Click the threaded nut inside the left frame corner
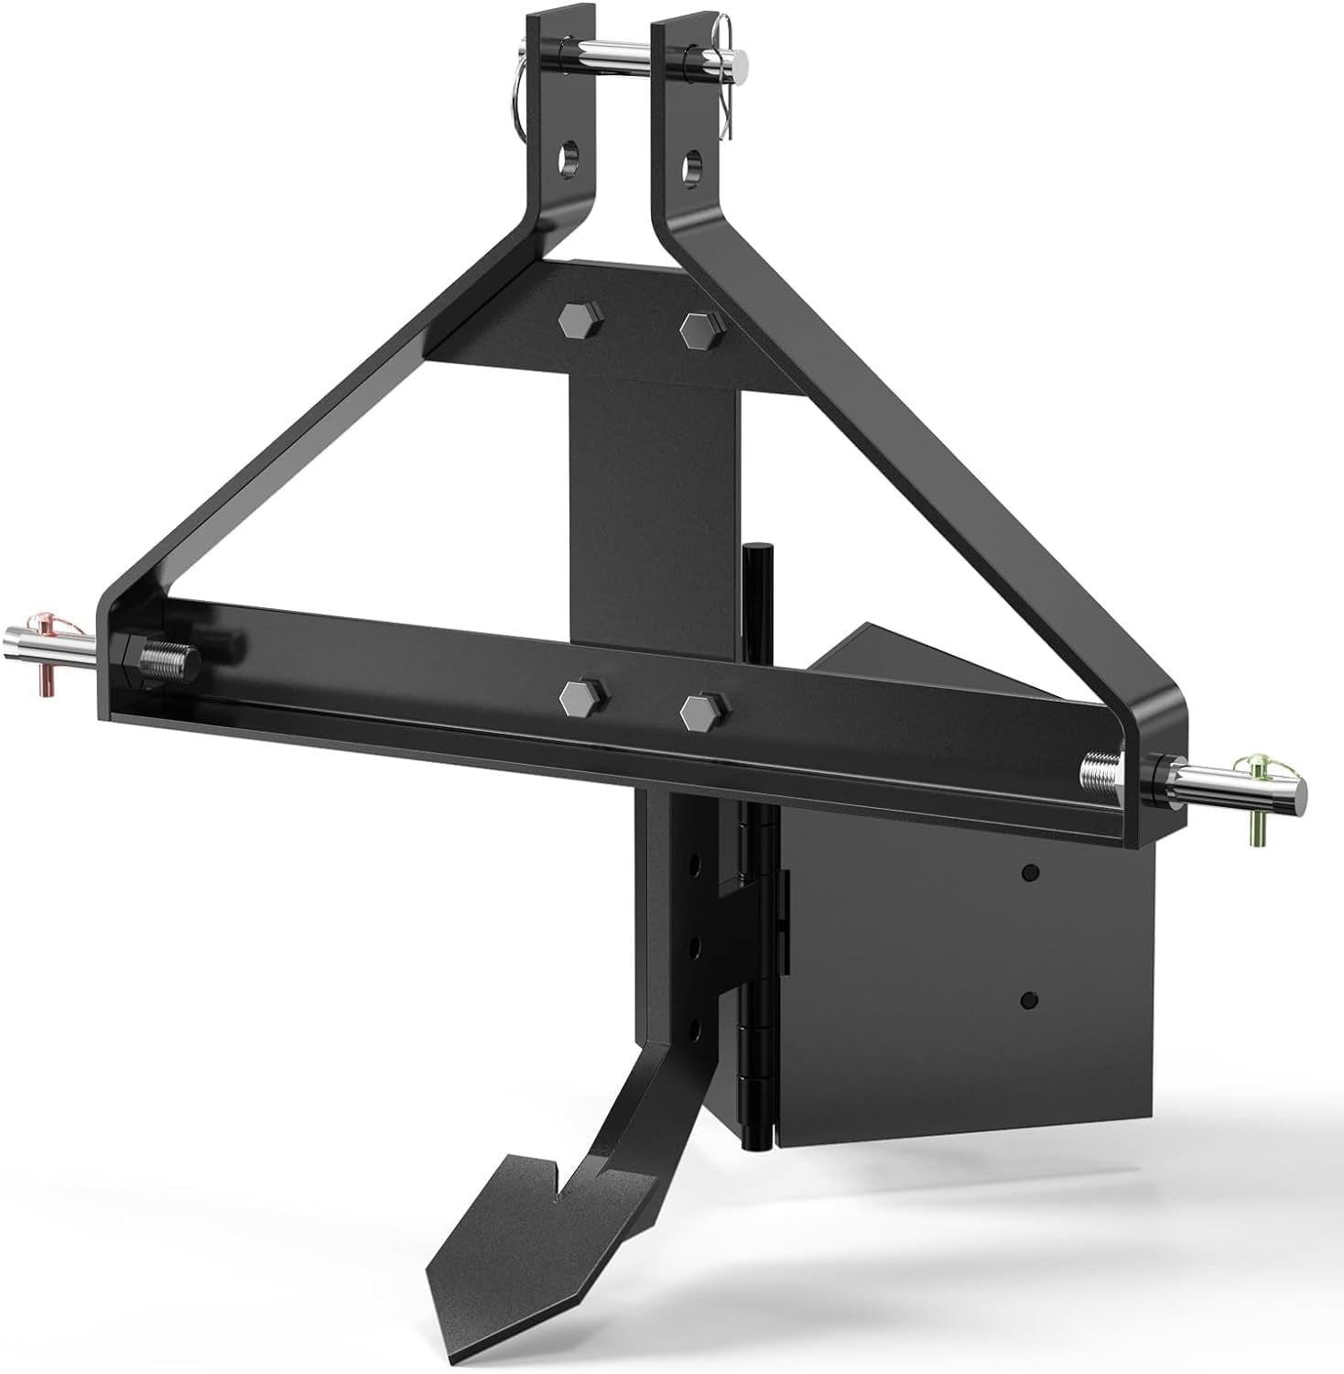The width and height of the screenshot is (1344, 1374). pos(165,659)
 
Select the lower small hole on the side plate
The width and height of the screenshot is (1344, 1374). pos(1030,999)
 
